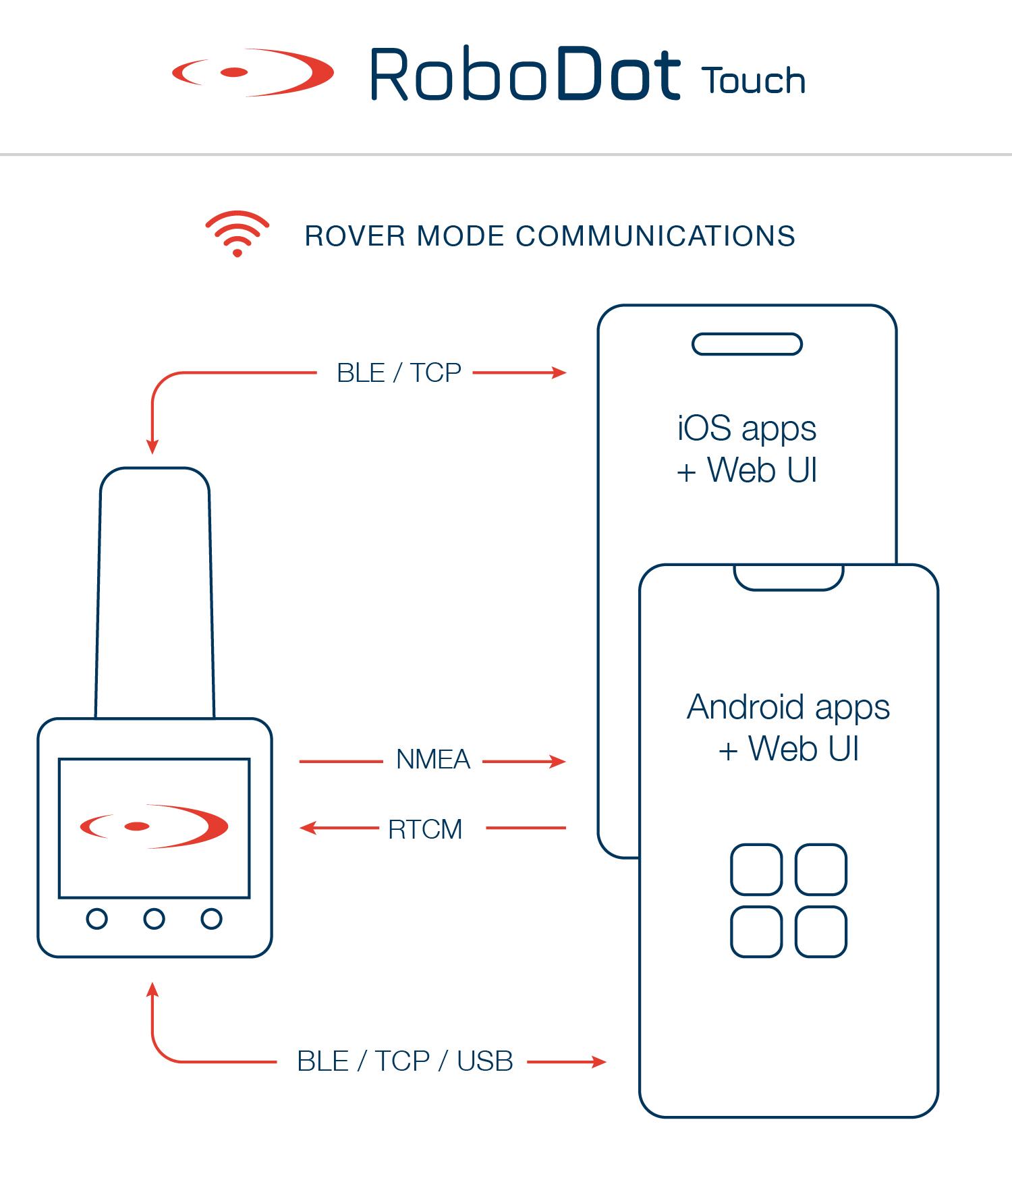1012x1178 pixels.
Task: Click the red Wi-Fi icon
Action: click(x=237, y=233)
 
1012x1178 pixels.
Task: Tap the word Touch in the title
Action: click(x=754, y=81)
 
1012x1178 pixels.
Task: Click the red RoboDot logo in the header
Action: click(x=253, y=72)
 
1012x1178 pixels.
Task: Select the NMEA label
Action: click(x=433, y=760)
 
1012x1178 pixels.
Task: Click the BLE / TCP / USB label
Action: click(x=405, y=1061)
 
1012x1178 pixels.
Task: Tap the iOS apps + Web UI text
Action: click(x=747, y=449)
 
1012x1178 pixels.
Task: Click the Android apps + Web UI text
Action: click(x=788, y=728)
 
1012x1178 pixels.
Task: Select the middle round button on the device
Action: click(x=154, y=919)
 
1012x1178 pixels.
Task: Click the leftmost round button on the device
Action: click(x=97, y=919)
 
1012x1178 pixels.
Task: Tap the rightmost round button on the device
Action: click(x=211, y=919)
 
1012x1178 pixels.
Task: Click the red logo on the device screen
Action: click(x=154, y=826)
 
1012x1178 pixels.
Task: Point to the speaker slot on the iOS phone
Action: click(x=747, y=344)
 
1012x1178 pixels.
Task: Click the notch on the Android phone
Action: click(x=789, y=576)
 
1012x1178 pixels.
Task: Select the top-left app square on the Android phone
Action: click(x=756, y=869)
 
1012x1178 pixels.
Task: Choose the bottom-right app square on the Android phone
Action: click(x=820, y=932)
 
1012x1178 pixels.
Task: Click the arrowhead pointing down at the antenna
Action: click(x=152, y=446)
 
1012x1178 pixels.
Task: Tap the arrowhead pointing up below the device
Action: click(x=152, y=990)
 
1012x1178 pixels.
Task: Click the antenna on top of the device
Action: click(x=154, y=594)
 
